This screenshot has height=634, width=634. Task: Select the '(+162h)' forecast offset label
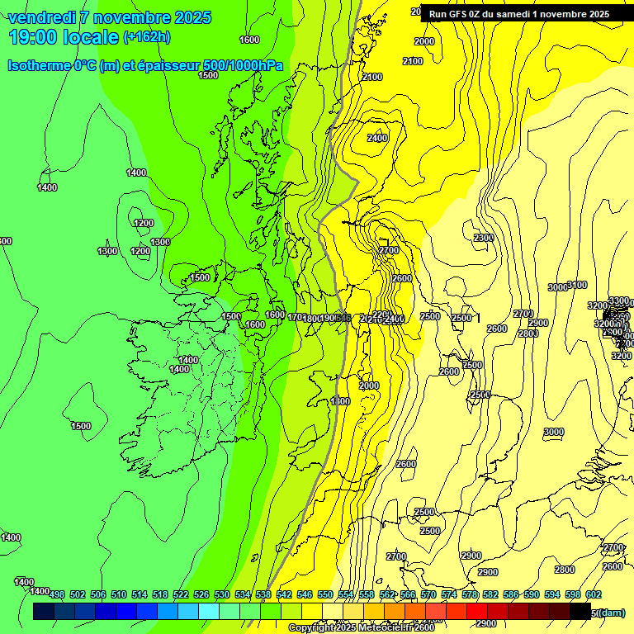click(146, 37)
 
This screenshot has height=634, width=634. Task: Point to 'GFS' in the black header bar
click(457, 14)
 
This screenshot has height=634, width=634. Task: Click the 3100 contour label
click(577, 285)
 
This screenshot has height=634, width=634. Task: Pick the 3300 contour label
click(618, 300)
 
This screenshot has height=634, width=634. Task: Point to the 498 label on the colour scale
click(57, 594)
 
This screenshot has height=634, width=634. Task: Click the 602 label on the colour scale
click(594, 594)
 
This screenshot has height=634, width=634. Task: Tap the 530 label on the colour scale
click(222, 594)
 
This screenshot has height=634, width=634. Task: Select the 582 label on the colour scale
click(490, 594)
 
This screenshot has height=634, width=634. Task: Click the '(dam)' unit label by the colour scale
click(611, 612)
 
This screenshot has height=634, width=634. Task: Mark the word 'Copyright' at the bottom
click(311, 628)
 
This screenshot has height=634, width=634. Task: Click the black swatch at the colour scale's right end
click(580, 611)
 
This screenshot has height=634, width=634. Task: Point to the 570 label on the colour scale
click(428, 594)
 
